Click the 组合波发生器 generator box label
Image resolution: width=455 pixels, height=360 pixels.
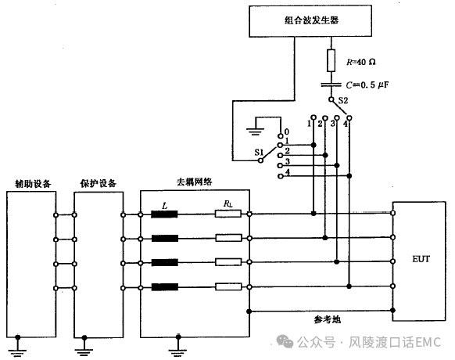(311, 20)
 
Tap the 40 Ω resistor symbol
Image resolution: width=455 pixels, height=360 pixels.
(331, 60)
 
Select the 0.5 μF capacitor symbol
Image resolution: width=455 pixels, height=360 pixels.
(331, 85)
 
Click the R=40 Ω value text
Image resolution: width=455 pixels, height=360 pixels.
(361, 62)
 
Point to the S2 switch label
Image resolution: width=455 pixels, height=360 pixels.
(343, 100)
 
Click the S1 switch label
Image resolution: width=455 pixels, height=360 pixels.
(259, 152)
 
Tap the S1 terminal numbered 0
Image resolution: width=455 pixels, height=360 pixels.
(281, 135)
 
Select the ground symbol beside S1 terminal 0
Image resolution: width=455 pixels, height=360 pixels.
(255, 128)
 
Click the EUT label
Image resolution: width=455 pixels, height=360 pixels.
(421, 259)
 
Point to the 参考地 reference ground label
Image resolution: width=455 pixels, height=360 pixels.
(327, 319)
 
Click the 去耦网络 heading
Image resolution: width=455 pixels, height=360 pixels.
(195, 182)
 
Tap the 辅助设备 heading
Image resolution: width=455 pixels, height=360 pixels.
(33, 184)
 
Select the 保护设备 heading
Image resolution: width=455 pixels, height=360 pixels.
(98, 183)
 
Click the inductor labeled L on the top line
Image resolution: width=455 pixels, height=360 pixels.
(164, 214)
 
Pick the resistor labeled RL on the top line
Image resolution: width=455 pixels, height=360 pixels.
(228, 214)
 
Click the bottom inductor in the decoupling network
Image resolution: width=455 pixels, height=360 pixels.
(164, 287)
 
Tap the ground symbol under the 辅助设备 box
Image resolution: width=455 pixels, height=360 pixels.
(18, 346)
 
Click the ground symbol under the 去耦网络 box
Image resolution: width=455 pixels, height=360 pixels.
(178, 346)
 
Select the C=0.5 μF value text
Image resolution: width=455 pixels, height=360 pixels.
(367, 85)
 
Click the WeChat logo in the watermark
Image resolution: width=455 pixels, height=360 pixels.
(285, 342)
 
